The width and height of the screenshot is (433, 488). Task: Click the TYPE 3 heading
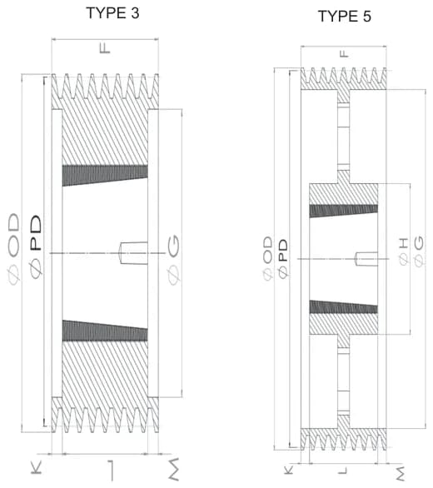pyautogui.click(x=112, y=13)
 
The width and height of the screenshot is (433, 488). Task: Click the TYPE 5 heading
pyautogui.click(x=344, y=16)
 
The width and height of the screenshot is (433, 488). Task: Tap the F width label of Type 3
pyautogui.click(x=105, y=48)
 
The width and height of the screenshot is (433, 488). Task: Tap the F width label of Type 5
pyautogui.click(x=344, y=54)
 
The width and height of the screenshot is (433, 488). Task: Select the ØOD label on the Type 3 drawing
pyautogui.click(x=13, y=249)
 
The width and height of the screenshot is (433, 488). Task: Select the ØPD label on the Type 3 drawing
pyautogui.click(x=36, y=246)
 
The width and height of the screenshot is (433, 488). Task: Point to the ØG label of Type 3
pyautogui.click(x=174, y=260)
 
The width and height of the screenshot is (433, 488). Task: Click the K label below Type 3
pyautogui.click(x=37, y=468)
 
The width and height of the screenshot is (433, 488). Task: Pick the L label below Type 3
pyautogui.click(x=111, y=471)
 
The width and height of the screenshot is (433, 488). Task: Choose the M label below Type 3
pyautogui.click(x=174, y=469)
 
